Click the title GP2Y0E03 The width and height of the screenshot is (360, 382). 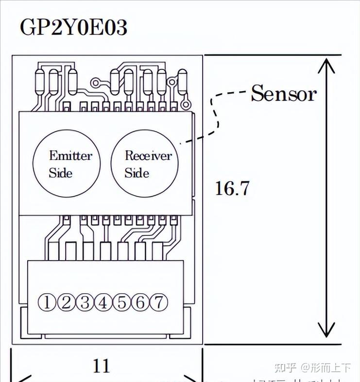(73, 28)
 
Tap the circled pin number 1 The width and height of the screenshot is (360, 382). (47, 303)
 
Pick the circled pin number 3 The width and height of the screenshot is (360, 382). (85, 303)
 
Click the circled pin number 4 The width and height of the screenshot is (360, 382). (103, 303)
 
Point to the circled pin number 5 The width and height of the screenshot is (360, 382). (121, 303)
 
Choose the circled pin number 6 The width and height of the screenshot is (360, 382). (140, 303)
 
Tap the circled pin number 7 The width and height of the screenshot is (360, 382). (158, 303)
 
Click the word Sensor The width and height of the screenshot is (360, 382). (283, 93)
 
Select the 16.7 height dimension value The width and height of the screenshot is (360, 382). (232, 188)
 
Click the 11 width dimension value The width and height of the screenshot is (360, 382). (101, 365)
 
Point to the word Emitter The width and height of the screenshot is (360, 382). (70, 156)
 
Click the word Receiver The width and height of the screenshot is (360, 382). (148, 156)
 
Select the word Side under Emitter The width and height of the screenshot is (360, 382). (61, 173)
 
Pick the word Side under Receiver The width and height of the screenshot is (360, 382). (137, 173)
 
